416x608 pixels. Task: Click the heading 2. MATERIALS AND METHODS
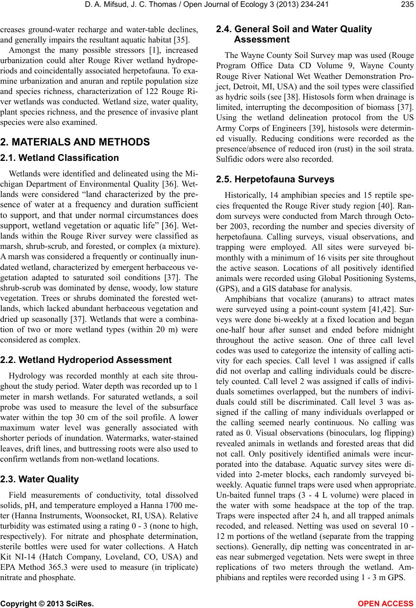tap(75, 142)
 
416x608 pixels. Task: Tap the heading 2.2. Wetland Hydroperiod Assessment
tap(86, 360)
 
